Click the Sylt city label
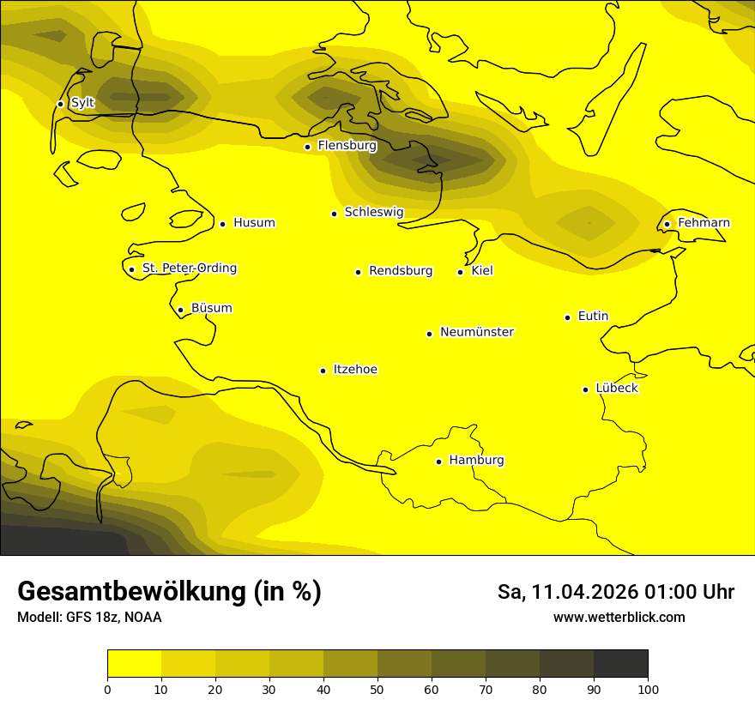82,103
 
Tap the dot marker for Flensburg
307,147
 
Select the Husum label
254,223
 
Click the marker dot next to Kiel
460,272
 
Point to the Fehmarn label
704,223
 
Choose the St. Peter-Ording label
190,269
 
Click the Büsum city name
211,308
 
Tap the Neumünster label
477,332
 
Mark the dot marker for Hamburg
438,462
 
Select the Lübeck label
616,388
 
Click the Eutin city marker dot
567,317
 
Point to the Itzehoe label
355,370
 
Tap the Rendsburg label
401,271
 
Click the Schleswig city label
373,212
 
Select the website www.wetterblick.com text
619,617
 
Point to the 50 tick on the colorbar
377,688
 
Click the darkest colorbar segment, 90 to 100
620,663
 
